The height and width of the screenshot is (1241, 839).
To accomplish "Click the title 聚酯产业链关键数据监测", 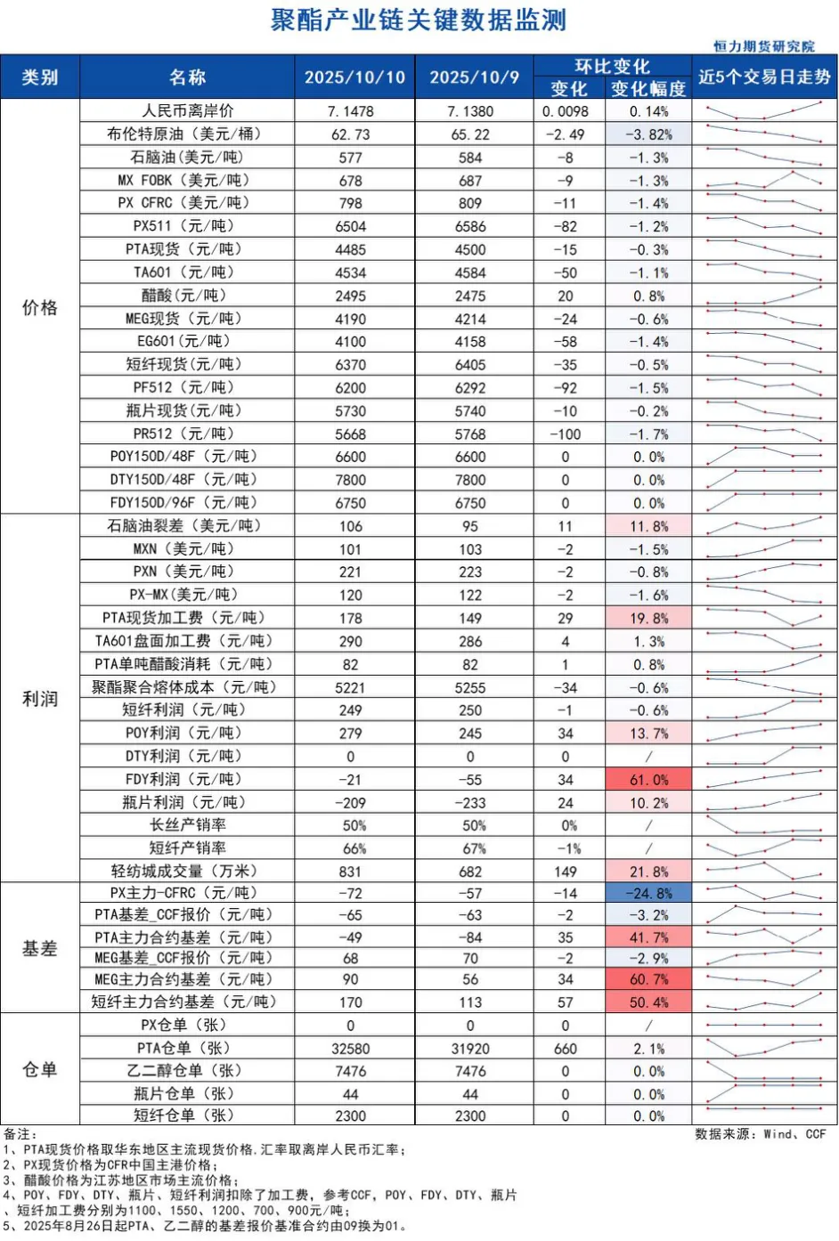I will [419, 20].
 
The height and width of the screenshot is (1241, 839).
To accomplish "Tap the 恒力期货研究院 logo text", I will [763, 46].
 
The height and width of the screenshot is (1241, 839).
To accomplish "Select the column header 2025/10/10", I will [354, 77].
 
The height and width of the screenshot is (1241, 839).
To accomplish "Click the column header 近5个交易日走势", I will [764, 77].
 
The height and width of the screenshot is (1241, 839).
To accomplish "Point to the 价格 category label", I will [39, 308].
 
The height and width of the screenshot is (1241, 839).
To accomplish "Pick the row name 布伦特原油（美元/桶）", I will [187, 134].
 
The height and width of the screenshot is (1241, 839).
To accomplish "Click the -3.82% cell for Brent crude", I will [648, 134].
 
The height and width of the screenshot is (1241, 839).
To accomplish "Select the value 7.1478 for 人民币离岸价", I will [351, 111].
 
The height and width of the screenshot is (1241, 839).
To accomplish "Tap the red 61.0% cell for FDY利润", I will [648, 780].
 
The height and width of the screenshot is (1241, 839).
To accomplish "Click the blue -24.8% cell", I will [648, 893].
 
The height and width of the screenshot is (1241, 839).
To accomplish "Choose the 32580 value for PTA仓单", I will [351, 1049].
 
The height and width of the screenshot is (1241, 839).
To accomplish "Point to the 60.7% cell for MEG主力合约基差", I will [648, 979].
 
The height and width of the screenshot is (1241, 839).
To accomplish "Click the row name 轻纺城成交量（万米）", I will [187, 872].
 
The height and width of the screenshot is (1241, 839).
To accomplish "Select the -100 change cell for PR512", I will [566, 434].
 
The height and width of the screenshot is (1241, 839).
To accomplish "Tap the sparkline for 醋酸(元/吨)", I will [764, 296].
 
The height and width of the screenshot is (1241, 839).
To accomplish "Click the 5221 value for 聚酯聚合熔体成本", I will [351, 687].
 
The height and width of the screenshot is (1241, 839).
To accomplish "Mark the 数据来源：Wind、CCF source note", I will [761, 1134].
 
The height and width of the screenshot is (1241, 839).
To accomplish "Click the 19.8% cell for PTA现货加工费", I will [648, 618].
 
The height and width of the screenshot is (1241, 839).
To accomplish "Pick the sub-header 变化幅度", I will [648, 89].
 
